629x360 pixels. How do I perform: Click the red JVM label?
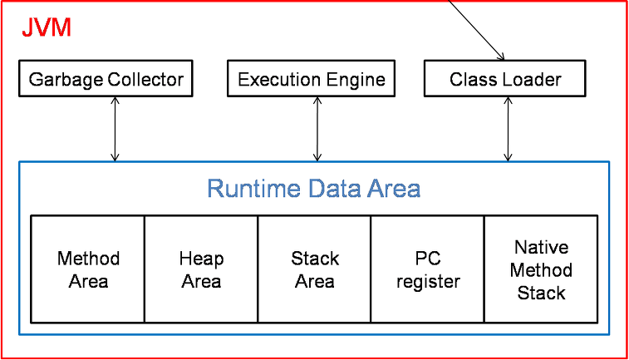coord(47,27)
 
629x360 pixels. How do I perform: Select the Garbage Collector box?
coord(106,79)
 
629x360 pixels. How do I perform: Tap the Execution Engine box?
coord(312,79)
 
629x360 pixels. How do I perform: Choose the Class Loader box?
coord(505,79)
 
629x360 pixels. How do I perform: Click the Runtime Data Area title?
coord(314,188)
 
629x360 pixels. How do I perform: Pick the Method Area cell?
coord(88,269)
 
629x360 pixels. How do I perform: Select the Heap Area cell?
coord(201,269)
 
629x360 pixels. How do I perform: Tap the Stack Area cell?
coord(314,269)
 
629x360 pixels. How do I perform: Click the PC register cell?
coord(428,269)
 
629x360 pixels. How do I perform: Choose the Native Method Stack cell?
coord(541,269)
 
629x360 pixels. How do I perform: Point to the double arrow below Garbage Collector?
coord(115,129)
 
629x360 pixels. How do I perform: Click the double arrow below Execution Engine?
coord(317,129)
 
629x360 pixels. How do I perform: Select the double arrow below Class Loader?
coord(508,129)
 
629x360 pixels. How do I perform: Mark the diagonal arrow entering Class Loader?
coord(476,30)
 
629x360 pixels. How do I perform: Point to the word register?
coord(428,282)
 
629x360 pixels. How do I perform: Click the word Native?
coord(541,247)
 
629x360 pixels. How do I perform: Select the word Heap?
coord(201,259)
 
